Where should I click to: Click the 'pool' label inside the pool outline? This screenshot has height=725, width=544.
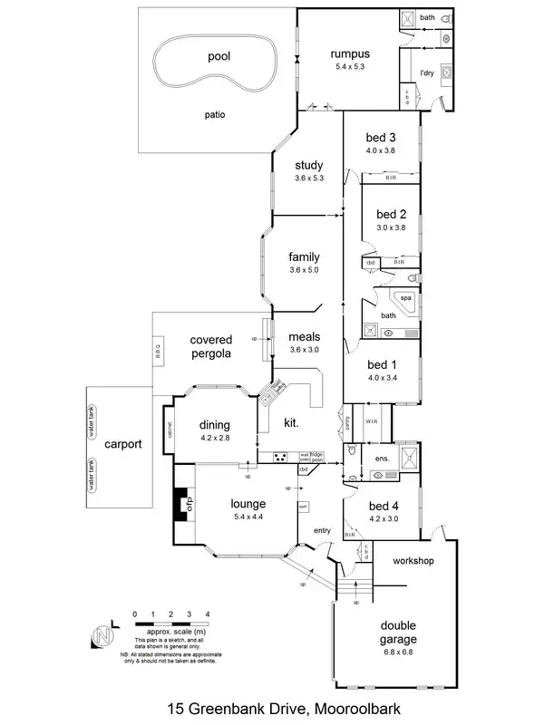pyautogui.click(x=219, y=56)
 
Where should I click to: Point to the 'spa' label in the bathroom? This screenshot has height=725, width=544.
pyautogui.click(x=406, y=297)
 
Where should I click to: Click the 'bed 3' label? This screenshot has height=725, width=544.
pyautogui.click(x=380, y=137)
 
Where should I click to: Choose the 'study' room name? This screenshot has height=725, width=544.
pyautogui.click(x=308, y=166)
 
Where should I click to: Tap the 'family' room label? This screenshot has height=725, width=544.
pyautogui.click(x=305, y=256)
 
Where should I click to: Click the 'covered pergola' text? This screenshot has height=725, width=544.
pyautogui.click(x=210, y=347)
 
